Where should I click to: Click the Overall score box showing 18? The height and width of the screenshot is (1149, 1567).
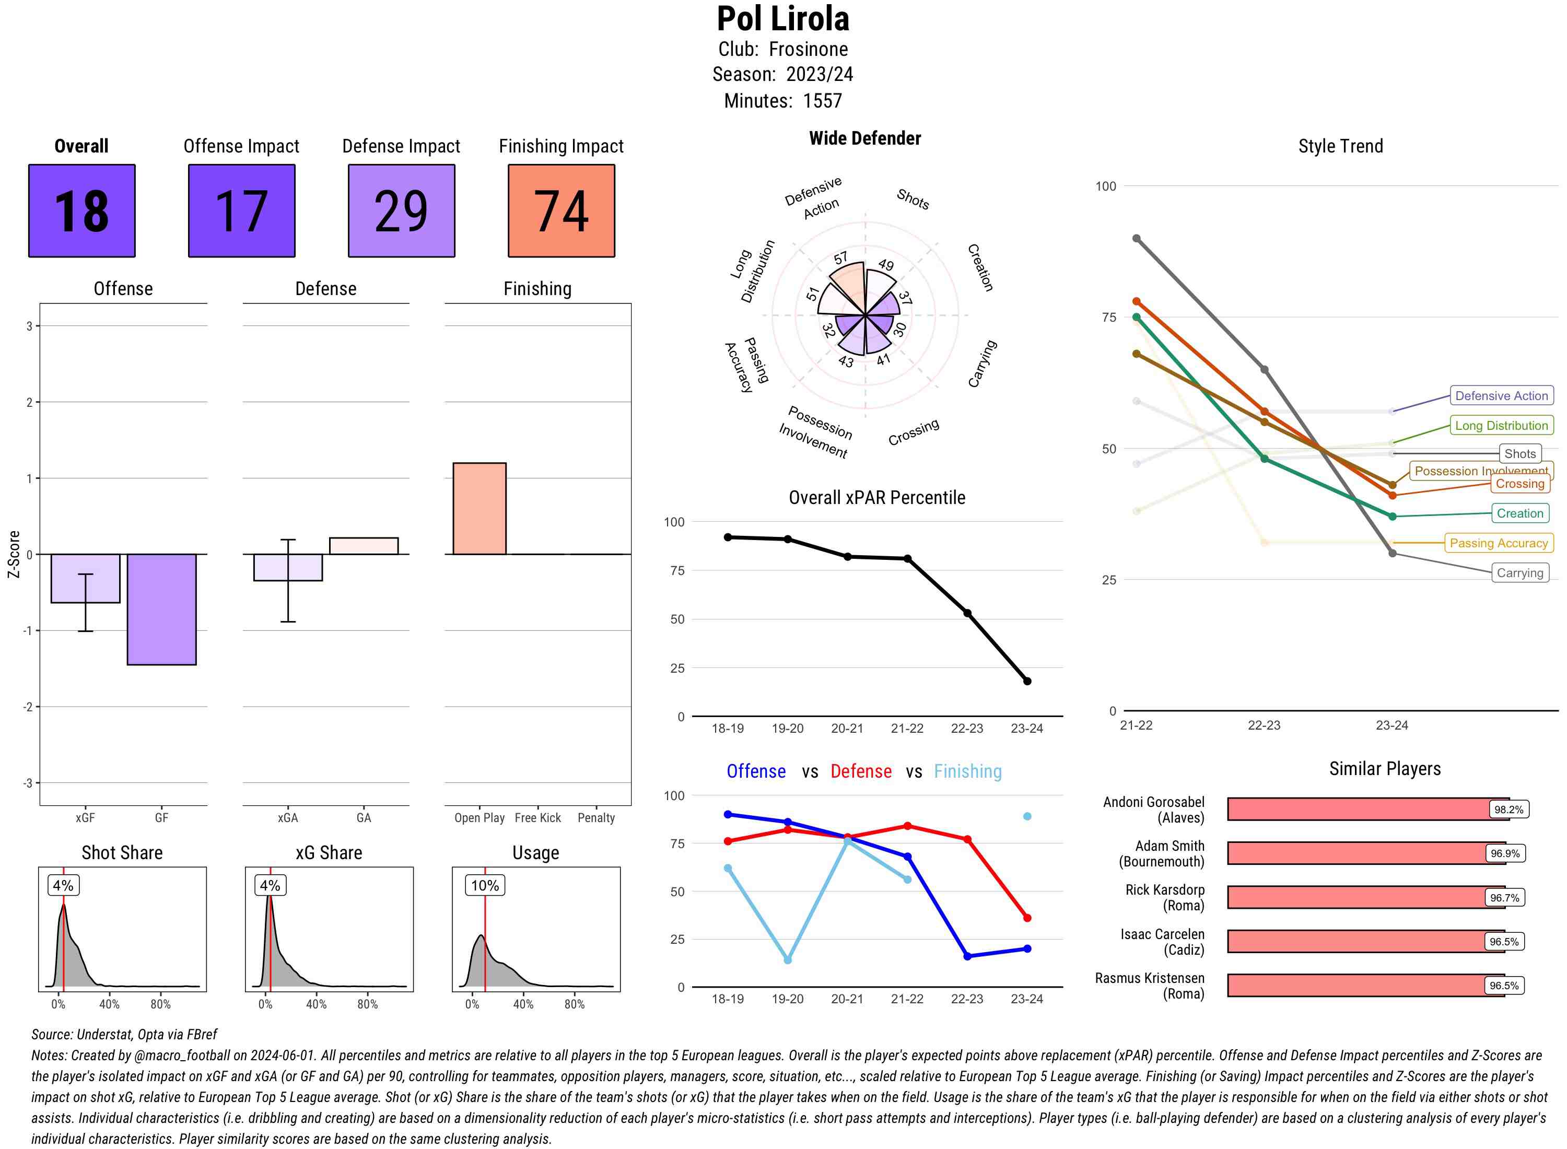(81, 211)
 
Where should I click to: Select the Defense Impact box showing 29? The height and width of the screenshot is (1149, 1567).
(401, 211)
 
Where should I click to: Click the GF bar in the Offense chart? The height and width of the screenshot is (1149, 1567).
(161, 609)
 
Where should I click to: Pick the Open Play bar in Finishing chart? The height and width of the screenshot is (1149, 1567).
(479, 508)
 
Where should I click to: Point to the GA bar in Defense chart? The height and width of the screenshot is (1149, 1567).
(364, 546)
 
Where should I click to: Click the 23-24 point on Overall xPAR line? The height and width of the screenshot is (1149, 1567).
(1026, 681)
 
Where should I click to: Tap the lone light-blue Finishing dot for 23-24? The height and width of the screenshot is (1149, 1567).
(1026, 816)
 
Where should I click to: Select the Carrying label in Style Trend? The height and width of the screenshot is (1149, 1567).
(1519, 573)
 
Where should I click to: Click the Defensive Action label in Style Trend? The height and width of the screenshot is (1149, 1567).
(1501, 396)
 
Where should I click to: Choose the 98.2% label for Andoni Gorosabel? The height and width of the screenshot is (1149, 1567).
(1508, 810)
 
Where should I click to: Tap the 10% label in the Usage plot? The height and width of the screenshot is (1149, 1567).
(485, 885)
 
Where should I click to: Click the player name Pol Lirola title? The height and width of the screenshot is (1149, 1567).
(783, 19)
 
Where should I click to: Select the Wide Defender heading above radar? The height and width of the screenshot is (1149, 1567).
(864, 138)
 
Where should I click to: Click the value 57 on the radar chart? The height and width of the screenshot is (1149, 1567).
(841, 258)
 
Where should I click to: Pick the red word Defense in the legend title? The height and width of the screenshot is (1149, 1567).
(860, 771)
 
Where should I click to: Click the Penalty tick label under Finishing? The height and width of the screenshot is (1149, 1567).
(596, 818)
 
